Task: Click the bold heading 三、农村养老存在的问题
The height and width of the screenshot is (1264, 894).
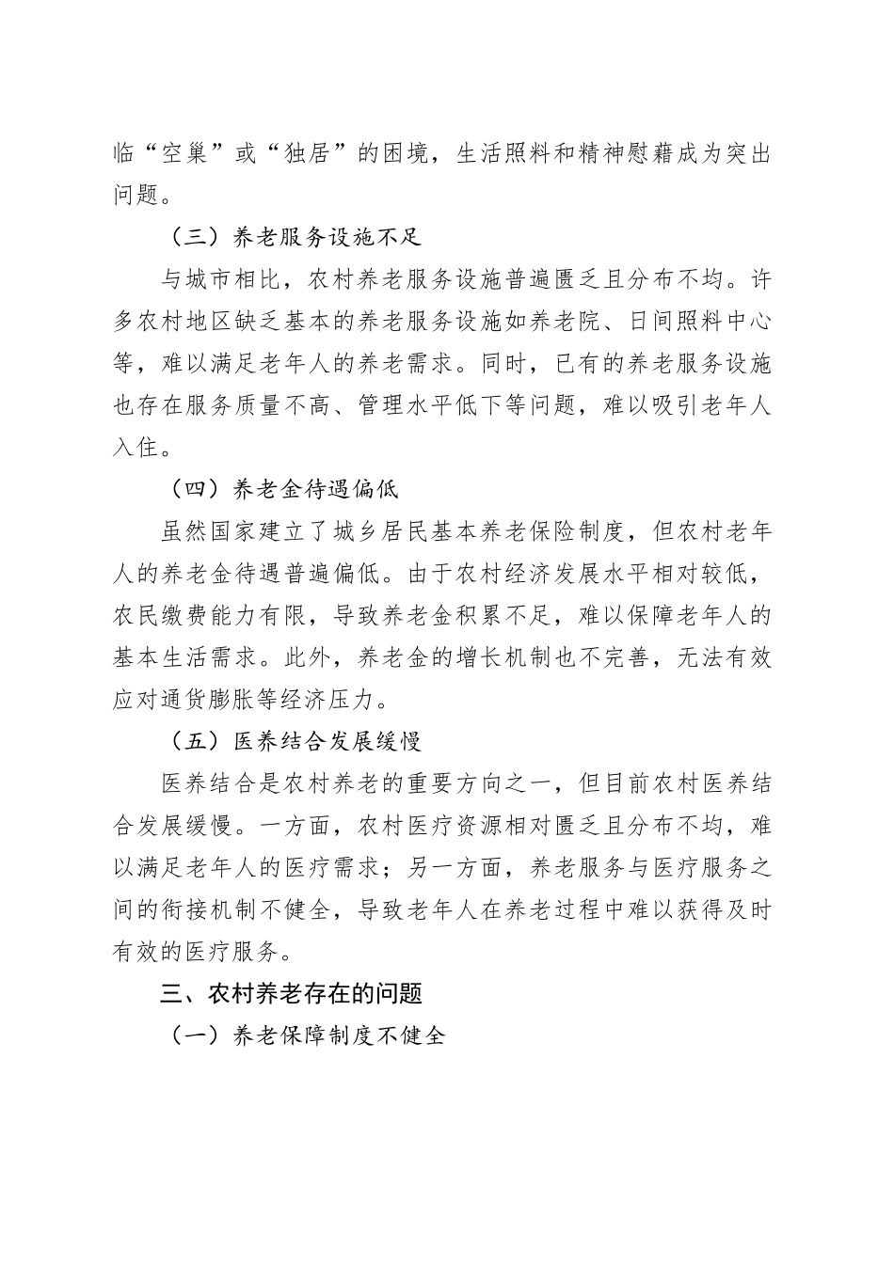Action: click(x=292, y=993)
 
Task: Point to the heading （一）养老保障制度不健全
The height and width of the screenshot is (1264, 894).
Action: click(x=300, y=1035)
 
